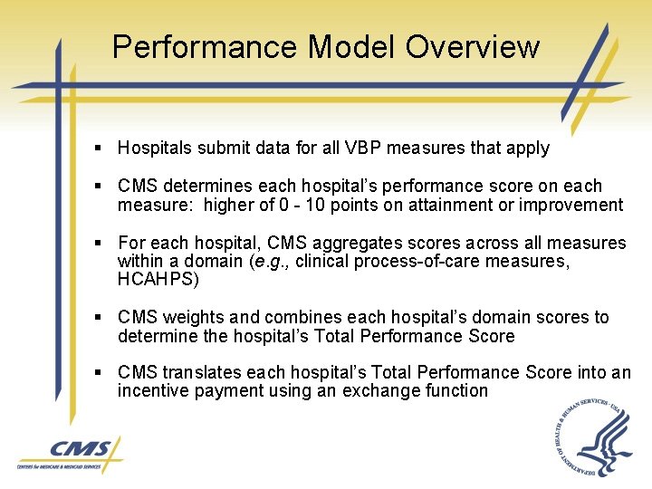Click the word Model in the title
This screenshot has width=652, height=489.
(x=351, y=46)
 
